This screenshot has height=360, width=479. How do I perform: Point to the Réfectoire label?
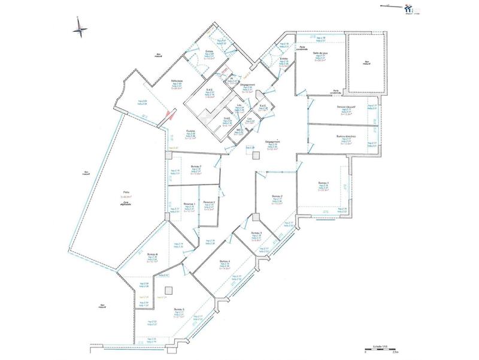click(177, 80)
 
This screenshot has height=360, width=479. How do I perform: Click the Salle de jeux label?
click(322, 53)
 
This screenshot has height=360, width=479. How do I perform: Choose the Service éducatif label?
click(345, 107)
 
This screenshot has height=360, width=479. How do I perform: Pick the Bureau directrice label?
click(345, 136)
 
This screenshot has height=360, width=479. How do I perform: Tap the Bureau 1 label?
click(323, 182)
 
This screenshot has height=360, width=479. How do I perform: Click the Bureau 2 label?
click(277, 196)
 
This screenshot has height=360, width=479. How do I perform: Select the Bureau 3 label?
click(256, 232)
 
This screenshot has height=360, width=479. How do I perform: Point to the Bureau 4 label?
click(225, 261)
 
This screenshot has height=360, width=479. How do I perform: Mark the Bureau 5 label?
click(178, 310)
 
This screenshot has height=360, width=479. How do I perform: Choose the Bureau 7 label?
click(196, 166)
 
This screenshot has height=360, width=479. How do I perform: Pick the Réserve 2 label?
click(209, 202)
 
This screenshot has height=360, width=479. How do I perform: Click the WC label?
click(238, 129)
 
